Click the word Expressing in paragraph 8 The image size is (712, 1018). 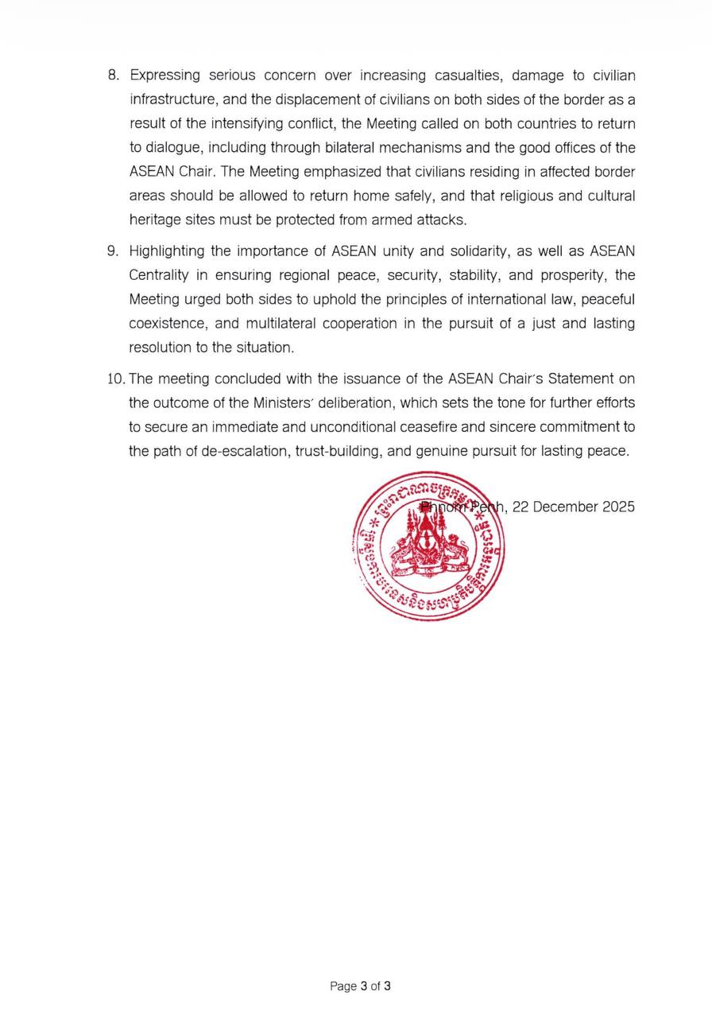[164, 76]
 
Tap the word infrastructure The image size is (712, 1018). [171, 100]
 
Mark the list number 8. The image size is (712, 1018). [113, 76]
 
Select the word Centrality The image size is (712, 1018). [159, 275]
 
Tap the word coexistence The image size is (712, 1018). [165, 324]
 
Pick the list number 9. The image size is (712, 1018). [113, 251]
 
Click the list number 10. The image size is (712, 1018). [116, 379]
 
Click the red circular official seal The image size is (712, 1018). [429, 546]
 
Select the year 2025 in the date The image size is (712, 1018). [619, 507]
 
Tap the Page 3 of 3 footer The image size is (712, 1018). [360, 986]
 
